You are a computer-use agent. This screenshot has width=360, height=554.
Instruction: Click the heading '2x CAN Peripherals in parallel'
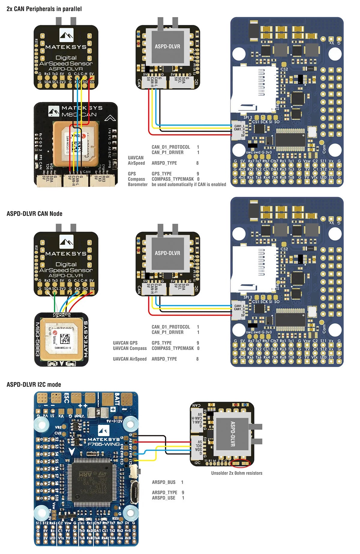click(44, 9)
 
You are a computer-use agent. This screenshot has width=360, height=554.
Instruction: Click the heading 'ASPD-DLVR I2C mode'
click(34, 384)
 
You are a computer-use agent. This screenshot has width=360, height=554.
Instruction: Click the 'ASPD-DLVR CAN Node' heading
click(34, 214)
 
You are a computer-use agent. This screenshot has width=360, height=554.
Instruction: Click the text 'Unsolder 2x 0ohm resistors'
click(236, 473)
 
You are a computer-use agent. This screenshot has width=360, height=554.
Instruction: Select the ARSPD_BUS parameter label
click(163, 482)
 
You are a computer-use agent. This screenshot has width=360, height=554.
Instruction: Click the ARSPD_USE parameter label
click(163, 498)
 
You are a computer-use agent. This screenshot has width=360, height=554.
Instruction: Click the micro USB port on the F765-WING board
click(135, 492)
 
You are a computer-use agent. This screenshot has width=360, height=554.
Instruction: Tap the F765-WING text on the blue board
click(103, 444)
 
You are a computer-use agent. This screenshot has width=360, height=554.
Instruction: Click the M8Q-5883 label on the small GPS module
click(38, 339)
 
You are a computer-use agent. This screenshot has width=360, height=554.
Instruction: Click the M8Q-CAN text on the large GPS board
click(79, 115)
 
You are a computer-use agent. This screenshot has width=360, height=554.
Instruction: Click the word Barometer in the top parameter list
click(138, 185)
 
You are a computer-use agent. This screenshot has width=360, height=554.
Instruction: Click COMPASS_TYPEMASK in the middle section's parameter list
click(172, 348)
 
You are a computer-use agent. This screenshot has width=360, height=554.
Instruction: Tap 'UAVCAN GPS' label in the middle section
click(125, 343)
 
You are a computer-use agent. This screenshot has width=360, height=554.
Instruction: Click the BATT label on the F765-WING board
click(117, 398)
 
